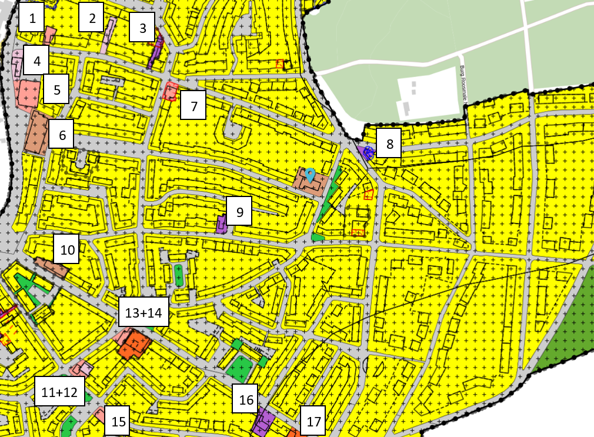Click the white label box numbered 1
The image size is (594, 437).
(32, 18)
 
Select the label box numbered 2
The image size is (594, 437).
(92, 18)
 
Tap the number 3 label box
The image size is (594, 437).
(142, 27)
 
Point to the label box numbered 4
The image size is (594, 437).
(36, 61)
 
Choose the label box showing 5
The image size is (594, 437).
(56, 90)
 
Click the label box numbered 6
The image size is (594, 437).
(62, 135)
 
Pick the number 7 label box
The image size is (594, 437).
(193, 106)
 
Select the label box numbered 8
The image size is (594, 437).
(389, 143)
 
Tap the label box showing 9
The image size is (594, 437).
(239, 211)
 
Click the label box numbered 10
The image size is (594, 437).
(67, 249)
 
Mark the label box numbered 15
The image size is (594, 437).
(118, 421)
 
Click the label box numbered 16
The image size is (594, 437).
(246, 399)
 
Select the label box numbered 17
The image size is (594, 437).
(313, 421)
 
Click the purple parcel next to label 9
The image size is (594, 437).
(222, 225)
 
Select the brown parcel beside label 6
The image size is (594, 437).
(39, 132)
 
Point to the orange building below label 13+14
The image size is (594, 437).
(134, 343)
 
